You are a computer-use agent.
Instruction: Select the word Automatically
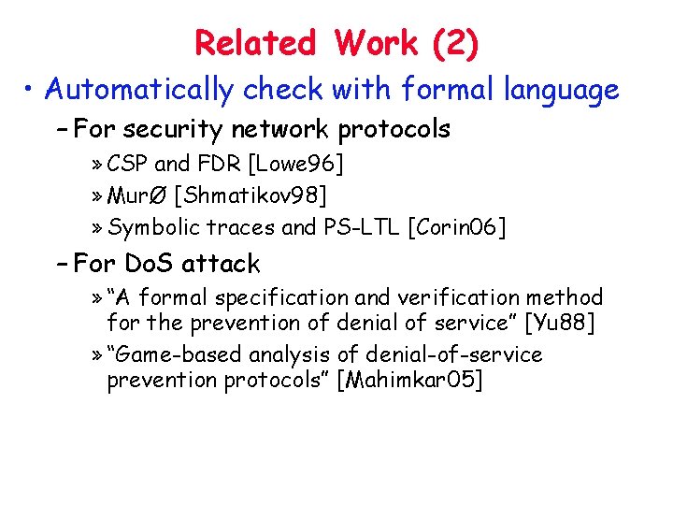click(137, 90)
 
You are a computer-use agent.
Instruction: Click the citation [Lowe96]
click(295, 166)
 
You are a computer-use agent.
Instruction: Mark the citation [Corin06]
click(457, 227)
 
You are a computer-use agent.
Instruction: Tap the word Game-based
click(170, 355)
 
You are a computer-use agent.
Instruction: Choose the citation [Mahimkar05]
click(410, 382)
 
